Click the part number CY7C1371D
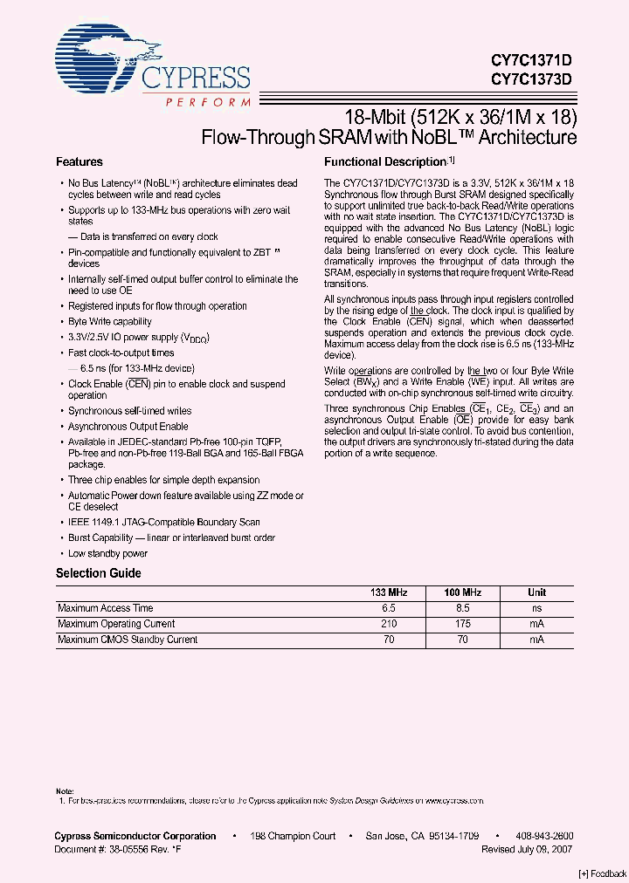530,61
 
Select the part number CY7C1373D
530,79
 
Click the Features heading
79,161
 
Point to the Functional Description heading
385,161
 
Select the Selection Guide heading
98,573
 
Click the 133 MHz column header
389,592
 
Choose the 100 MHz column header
463,592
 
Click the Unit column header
537,592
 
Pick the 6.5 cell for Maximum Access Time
389,608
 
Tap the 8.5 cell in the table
463,608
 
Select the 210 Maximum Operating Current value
389,624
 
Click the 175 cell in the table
463,624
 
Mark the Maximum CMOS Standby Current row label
128,640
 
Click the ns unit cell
537,608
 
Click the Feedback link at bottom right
602,874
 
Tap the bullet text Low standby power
108,553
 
